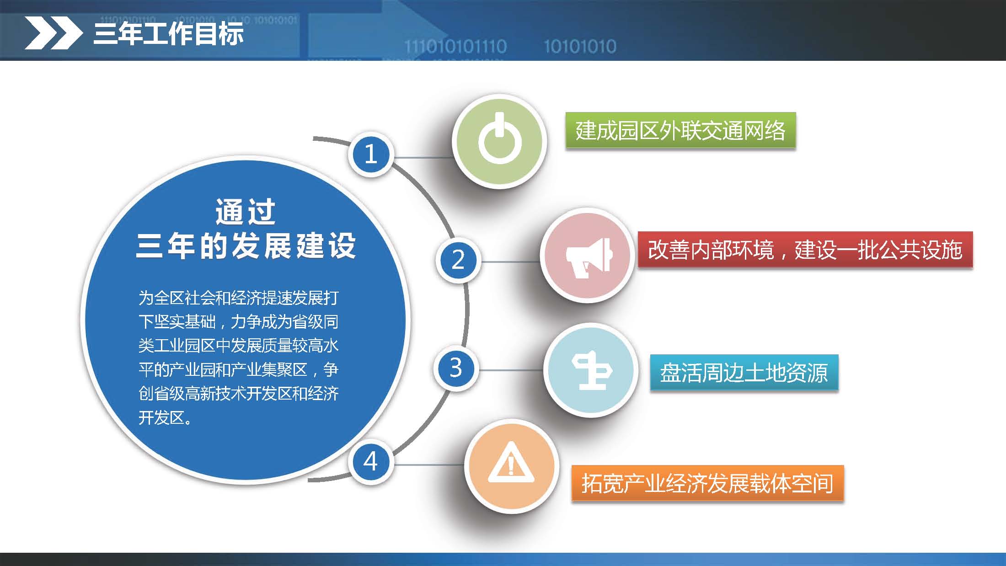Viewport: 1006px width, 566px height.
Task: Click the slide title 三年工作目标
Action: (168, 33)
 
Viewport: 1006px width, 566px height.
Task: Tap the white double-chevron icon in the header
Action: (53, 33)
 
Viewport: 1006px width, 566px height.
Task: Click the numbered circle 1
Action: (371, 154)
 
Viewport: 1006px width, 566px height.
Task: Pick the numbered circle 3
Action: (455, 368)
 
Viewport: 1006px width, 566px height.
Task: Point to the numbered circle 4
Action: (371, 461)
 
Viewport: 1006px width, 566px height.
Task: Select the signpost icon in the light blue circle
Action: (592, 370)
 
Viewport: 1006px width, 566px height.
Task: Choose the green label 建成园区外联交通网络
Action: (680, 131)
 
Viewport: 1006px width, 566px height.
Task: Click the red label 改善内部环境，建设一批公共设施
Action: (805, 250)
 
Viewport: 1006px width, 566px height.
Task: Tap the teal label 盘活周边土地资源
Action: (744, 373)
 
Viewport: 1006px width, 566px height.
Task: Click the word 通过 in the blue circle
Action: (246, 212)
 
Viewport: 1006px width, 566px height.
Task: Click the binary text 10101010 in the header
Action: (580, 46)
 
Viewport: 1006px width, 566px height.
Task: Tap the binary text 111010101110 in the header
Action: (455, 46)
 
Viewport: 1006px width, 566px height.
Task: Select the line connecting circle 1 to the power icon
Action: (423, 158)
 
